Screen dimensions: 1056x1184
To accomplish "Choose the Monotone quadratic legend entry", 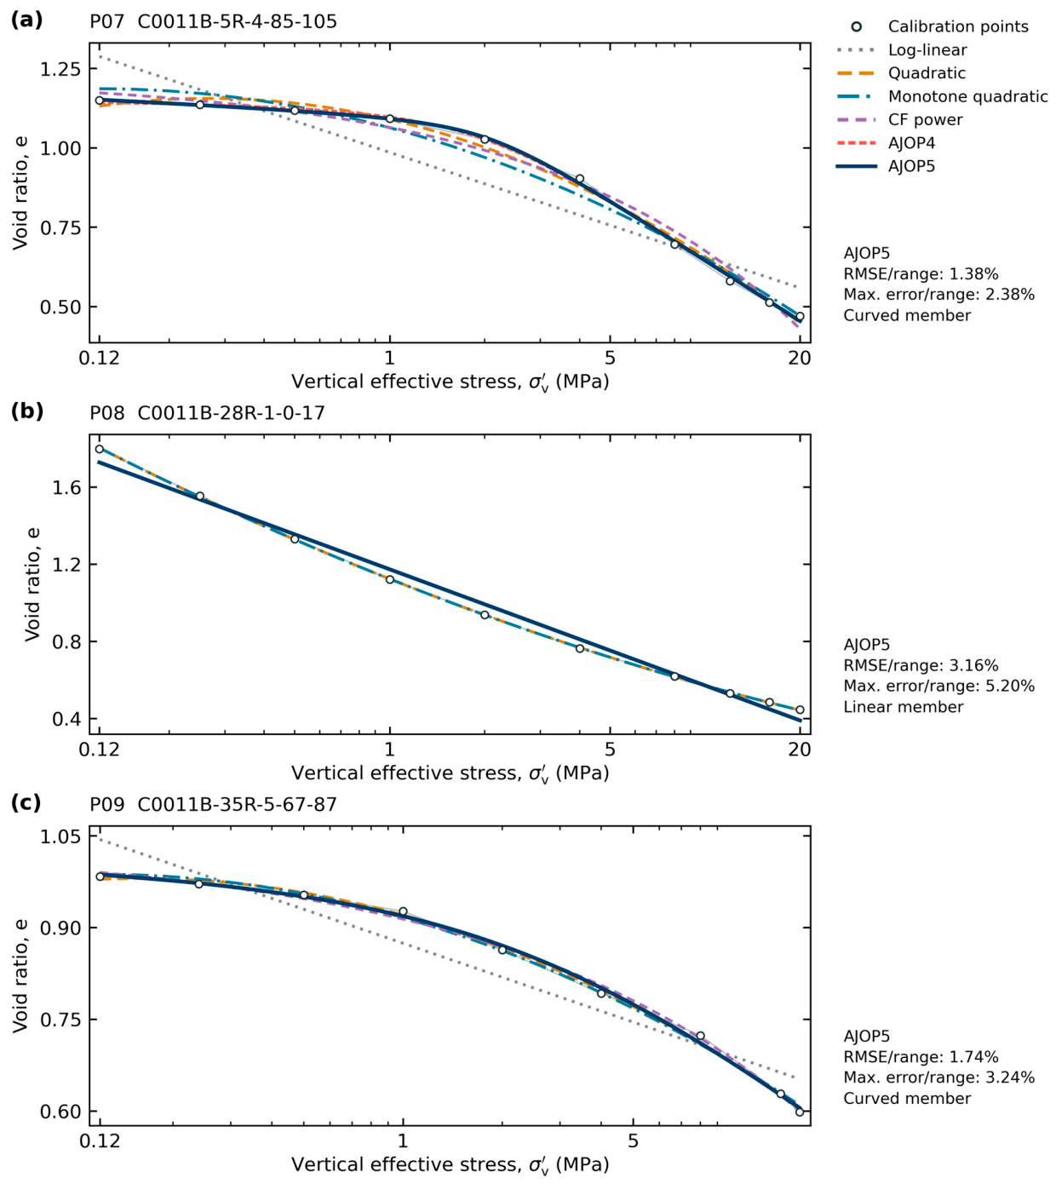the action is point(941,96).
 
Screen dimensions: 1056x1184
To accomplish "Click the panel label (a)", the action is point(27,21).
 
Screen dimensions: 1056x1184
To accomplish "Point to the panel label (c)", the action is point(27,803).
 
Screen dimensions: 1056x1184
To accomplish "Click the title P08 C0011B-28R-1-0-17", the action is point(207,413).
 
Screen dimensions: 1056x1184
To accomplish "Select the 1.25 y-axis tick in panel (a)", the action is point(60,68).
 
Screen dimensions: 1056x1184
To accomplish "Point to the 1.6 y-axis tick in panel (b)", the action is point(66,487).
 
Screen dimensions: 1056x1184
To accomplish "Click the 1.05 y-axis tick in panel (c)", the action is point(60,836).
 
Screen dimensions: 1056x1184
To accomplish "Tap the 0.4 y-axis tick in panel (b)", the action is point(66,719).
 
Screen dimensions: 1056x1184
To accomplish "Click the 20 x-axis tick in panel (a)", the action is point(800,358).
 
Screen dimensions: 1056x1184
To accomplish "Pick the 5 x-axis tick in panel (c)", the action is point(633,1141).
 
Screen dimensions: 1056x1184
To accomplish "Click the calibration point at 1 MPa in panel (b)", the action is point(390,579).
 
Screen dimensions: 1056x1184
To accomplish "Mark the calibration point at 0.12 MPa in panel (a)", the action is point(100,101).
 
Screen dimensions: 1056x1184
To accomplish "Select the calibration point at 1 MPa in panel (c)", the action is point(403,911).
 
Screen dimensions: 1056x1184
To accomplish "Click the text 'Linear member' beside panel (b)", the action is point(903,706).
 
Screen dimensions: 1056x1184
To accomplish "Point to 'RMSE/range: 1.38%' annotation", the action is point(921,273).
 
